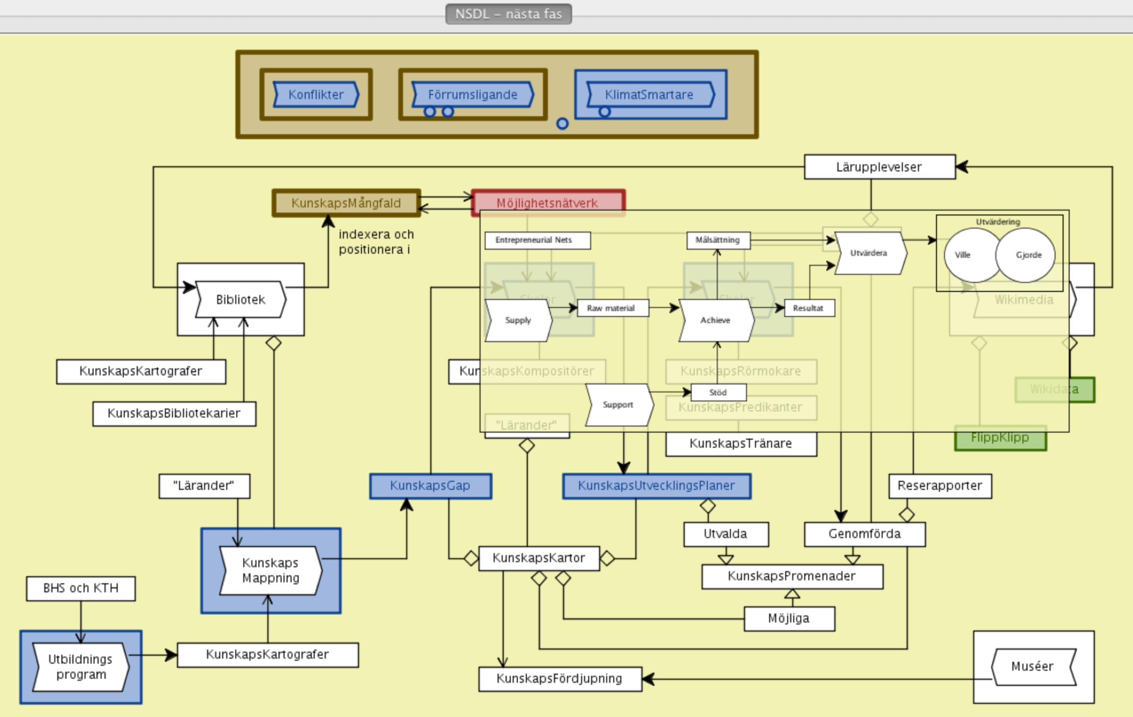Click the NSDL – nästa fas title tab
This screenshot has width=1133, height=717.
[x=508, y=14]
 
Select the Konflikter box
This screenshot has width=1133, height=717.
[x=316, y=94]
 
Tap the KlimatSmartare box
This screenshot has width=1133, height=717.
[x=649, y=94]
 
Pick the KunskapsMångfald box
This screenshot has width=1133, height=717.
[x=346, y=203]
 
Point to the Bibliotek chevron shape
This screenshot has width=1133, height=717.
[x=240, y=299]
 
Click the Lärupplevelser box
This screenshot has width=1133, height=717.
[x=879, y=167]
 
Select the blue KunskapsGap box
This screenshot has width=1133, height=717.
[x=430, y=486]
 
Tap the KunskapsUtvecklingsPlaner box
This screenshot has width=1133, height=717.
[x=656, y=486]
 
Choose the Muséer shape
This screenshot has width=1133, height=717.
[x=1033, y=666]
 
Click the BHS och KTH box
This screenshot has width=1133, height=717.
[x=81, y=588]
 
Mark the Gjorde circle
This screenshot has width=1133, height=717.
[x=1028, y=255]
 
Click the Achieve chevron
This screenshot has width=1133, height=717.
[x=715, y=320]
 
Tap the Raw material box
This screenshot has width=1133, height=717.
[x=611, y=308]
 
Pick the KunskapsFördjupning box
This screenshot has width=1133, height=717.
[x=559, y=679]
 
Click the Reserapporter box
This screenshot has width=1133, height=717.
[x=940, y=486]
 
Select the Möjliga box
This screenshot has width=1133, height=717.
[x=789, y=618]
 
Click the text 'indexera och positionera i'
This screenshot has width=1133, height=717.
[x=376, y=242]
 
